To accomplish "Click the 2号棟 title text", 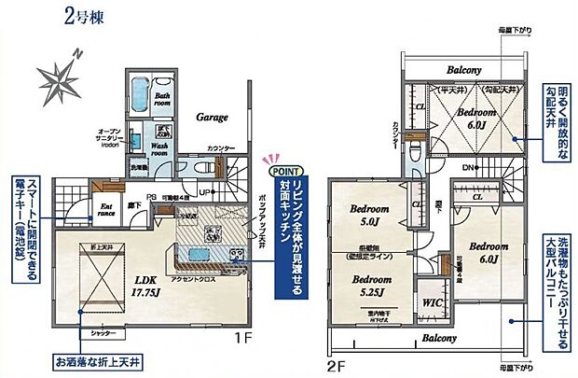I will [x=87, y=16].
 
